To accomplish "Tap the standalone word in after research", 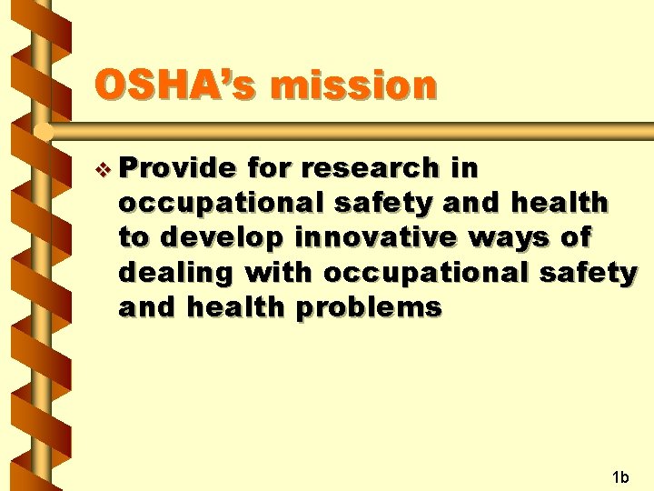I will (x=463, y=168).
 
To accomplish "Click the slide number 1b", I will (x=620, y=476).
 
